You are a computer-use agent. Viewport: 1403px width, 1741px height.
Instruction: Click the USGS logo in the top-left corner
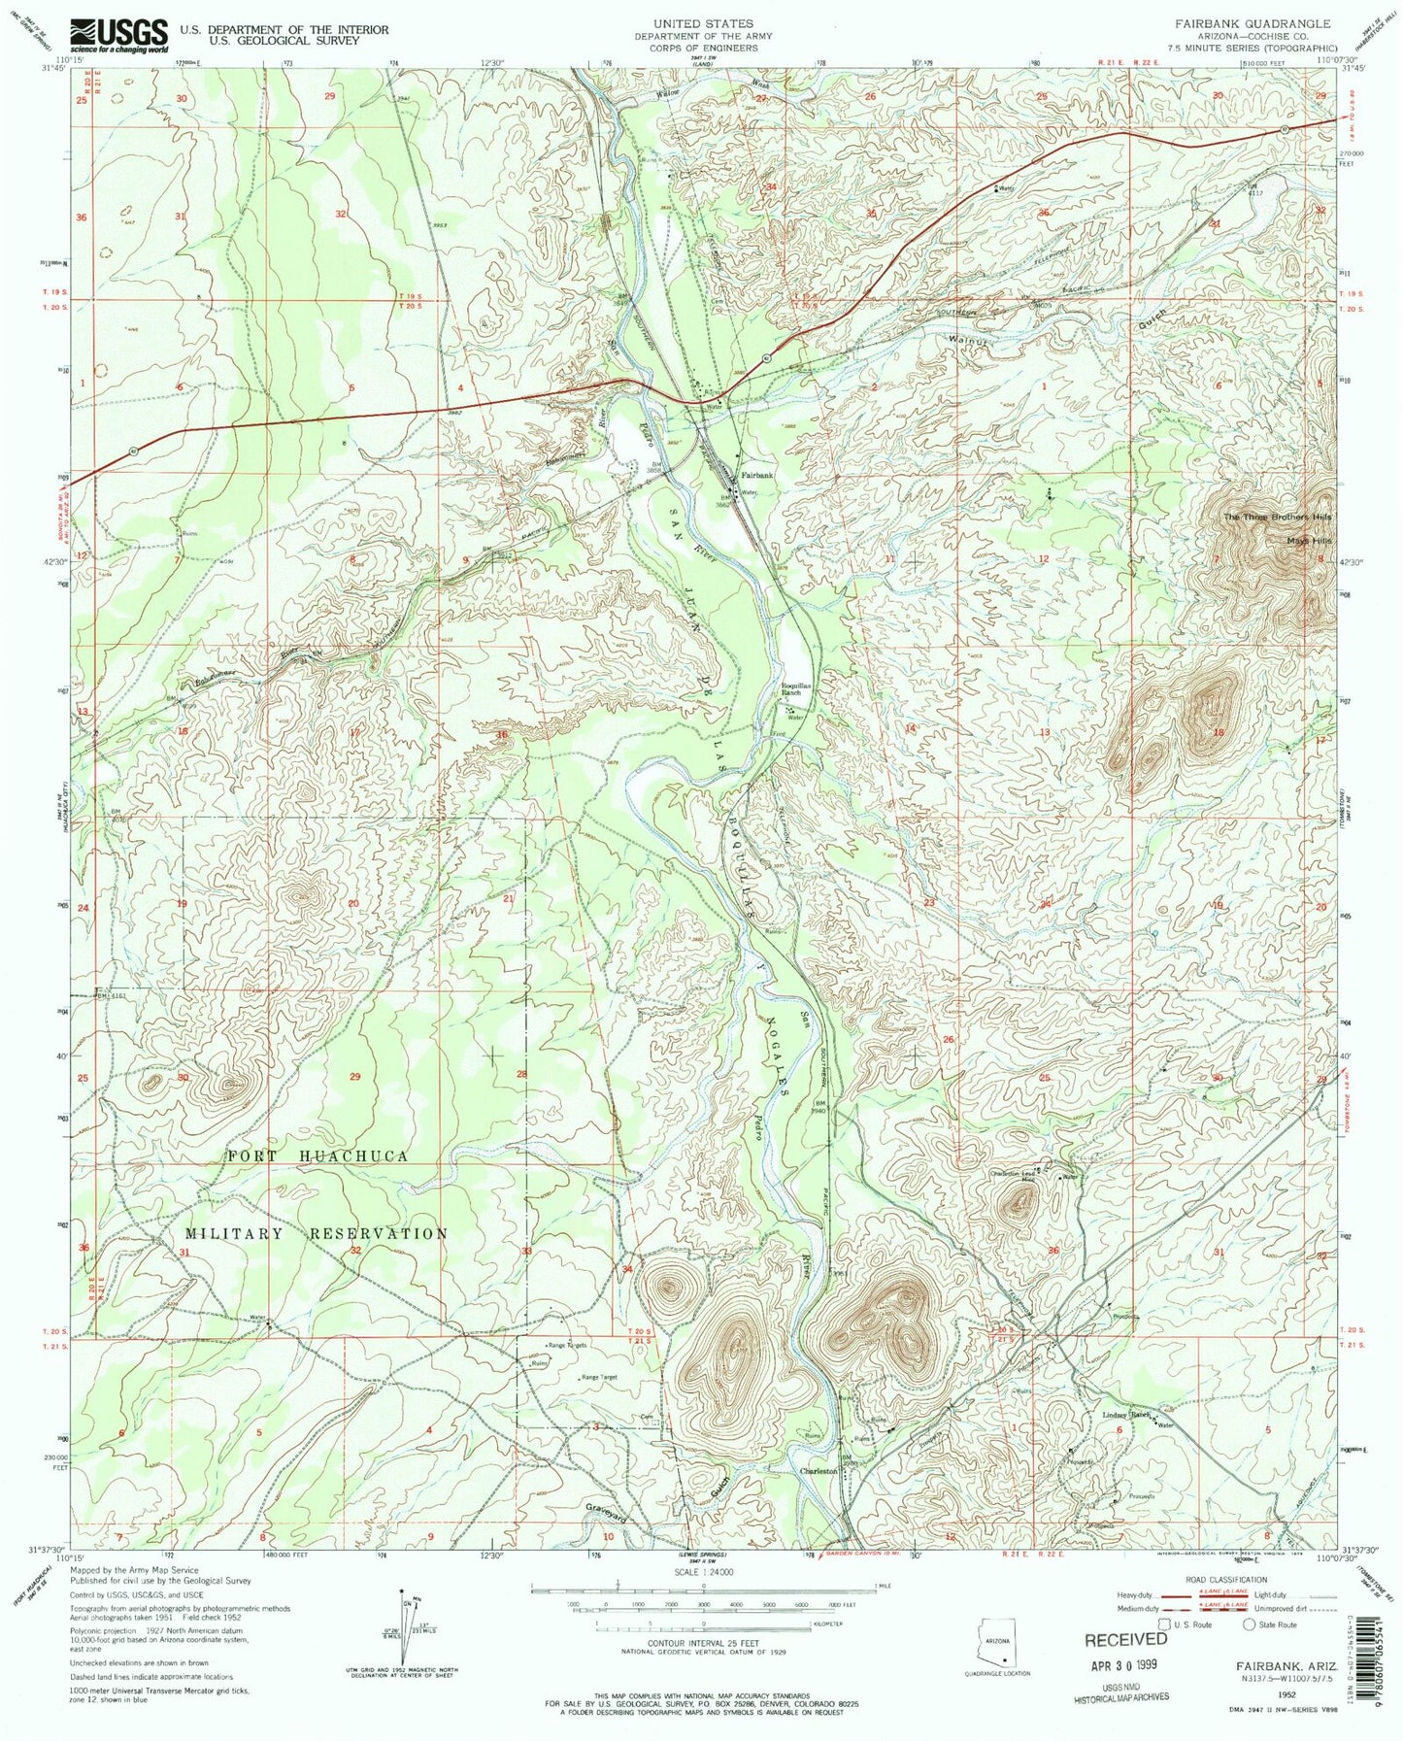pos(119,35)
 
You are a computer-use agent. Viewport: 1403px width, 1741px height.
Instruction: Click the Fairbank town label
pos(758,476)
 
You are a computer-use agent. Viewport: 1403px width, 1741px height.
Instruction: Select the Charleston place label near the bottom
pos(818,1472)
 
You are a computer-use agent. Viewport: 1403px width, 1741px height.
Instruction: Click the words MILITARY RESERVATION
pos(317,1233)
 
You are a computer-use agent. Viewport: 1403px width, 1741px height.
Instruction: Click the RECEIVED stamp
pos(1125,1639)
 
